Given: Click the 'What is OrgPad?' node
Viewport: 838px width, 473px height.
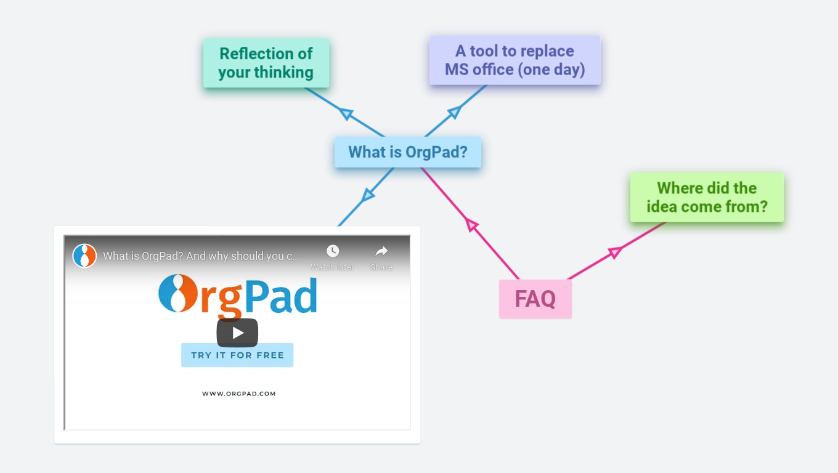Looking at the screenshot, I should (x=407, y=152).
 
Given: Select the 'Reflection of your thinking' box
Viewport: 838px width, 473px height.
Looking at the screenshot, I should (x=266, y=63).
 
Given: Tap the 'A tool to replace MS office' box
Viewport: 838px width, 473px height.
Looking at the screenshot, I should (x=515, y=60).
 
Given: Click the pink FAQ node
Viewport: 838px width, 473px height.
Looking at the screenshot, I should (x=535, y=299).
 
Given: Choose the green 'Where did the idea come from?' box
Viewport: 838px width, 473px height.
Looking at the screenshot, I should (x=707, y=197).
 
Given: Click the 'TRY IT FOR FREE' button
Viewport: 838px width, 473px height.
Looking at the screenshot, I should (x=237, y=355).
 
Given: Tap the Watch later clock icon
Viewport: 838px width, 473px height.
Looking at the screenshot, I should (x=333, y=251).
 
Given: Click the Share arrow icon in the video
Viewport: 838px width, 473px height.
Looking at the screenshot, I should (x=381, y=251).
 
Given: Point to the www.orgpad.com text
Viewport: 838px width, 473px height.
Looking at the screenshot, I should (x=238, y=394).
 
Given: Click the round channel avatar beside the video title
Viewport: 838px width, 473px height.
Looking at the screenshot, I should (x=84, y=256).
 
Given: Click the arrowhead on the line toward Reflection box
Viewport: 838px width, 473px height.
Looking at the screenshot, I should (x=346, y=113).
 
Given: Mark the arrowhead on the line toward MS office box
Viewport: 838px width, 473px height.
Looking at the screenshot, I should (x=454, y=111).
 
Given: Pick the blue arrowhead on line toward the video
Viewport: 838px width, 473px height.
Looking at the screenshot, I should (x=368, y=195).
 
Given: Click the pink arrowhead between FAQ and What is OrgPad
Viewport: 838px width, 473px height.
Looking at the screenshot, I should (x=472, y=225).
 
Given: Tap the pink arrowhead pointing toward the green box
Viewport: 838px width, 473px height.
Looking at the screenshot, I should (x=614, y=252).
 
